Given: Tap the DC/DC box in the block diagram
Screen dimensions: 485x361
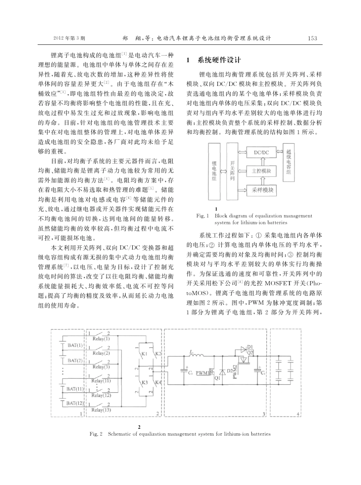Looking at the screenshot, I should pos(261,152).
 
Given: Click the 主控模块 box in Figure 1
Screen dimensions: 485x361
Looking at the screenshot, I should pos(261,171).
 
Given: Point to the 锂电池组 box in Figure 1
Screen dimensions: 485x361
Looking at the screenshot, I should pos(214,172).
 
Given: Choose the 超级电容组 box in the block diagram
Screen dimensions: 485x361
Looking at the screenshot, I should pos(289,162).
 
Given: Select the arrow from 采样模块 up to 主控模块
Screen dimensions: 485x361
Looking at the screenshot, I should pos(261,181).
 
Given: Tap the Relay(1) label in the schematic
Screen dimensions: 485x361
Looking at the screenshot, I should pos(101,338).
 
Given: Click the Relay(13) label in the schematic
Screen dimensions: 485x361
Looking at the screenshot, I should pos(101,410).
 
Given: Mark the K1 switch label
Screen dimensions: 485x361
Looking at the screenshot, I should pos(144,353).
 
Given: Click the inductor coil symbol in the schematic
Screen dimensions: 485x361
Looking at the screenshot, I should pos(196,356).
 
